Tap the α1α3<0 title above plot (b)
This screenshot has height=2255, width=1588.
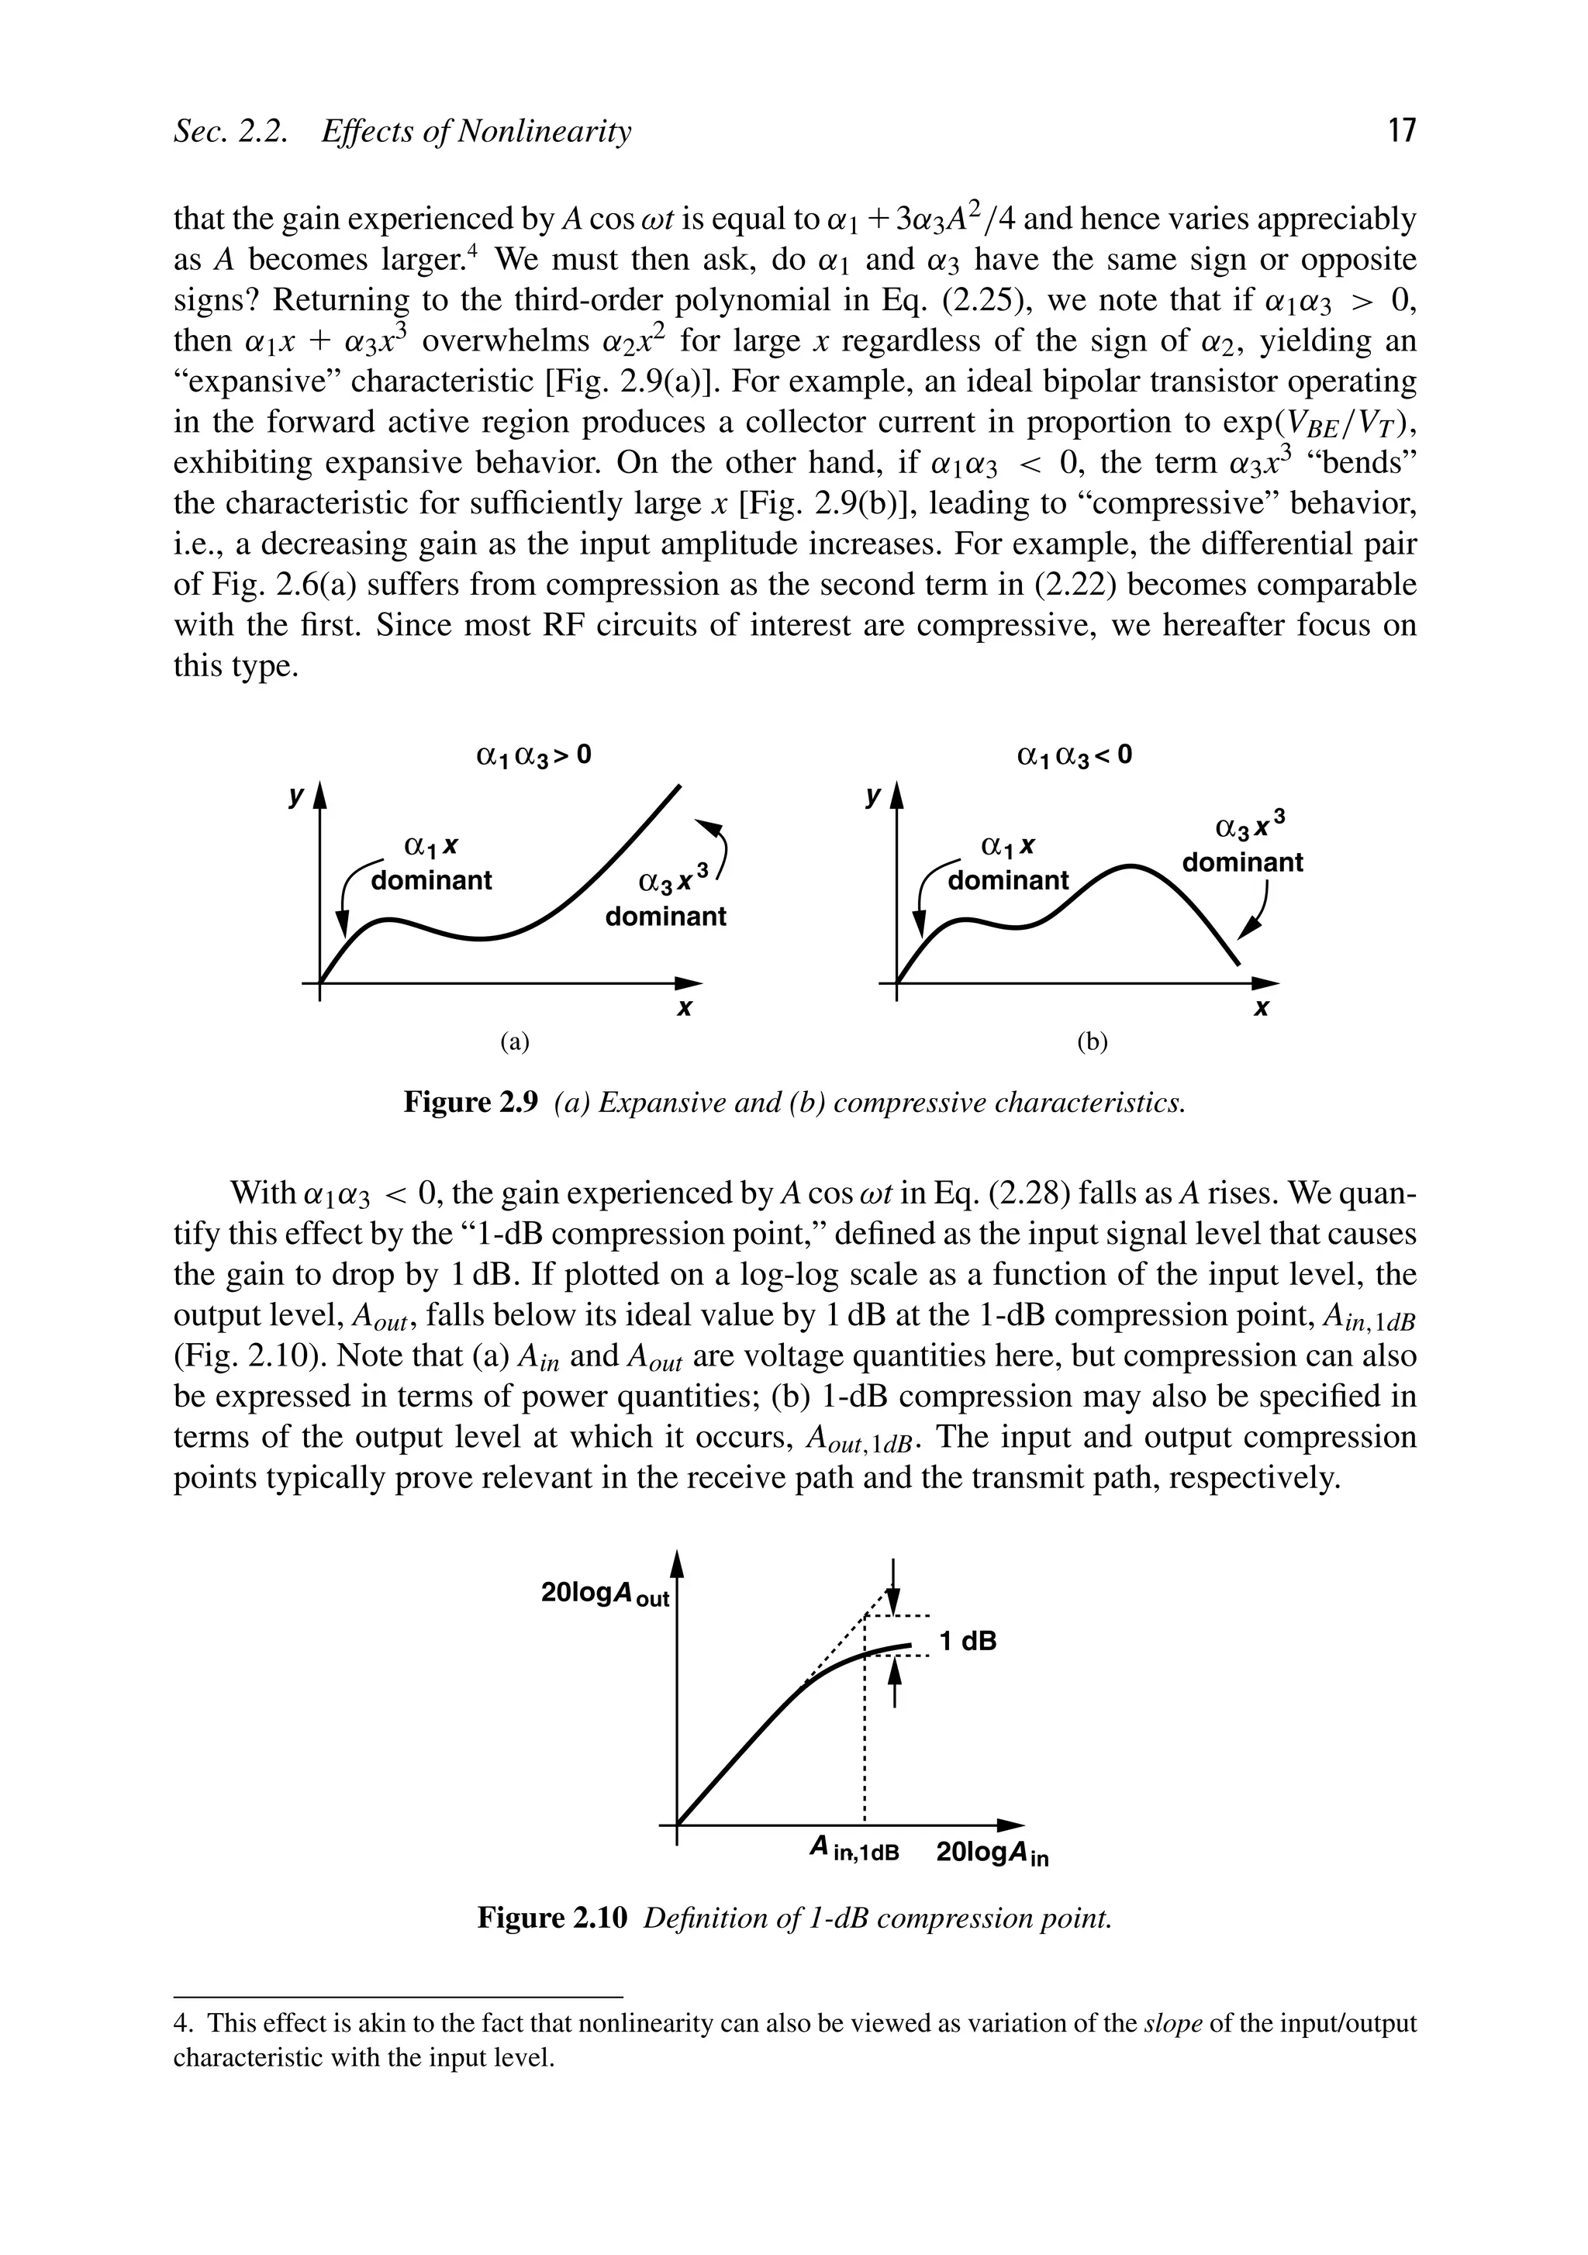click(1075, 755)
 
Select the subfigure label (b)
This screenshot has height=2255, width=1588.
click(1092, 1042)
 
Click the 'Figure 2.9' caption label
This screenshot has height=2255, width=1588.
click(471, 1103)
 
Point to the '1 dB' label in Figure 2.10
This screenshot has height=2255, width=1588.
click(968, 1641)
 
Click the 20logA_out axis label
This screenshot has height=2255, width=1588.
click(605, 1596)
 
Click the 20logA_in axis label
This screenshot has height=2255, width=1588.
click(992, 1853)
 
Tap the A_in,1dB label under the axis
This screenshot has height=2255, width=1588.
click(854, 1851)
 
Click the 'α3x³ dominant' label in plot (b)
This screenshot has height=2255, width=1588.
click(1242, 844)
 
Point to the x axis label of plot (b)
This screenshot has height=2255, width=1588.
click(1263, 1009)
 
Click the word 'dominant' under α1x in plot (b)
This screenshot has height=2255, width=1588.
click(1007, 880)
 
